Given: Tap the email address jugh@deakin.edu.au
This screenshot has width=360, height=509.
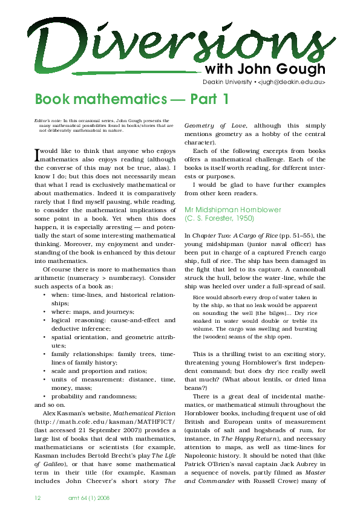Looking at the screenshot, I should (293, 81).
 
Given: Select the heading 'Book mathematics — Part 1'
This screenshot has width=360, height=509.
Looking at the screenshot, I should (132, 99).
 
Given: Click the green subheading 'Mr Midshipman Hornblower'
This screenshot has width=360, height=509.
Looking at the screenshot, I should (233, 210).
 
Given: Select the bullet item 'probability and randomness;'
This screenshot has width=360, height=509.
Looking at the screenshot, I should (94, 395).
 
